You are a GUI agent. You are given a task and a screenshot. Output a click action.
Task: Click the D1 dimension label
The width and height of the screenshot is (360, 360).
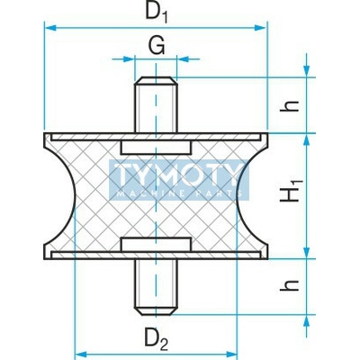(157, 13)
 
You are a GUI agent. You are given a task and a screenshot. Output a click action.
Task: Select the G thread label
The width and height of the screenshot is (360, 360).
(157, 46)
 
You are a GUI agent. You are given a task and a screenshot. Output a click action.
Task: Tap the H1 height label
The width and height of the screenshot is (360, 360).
(291, 191)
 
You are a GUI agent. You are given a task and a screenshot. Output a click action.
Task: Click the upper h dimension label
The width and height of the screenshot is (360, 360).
(290, 106)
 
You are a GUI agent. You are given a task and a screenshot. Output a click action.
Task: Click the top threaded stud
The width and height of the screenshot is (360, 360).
(156, 104)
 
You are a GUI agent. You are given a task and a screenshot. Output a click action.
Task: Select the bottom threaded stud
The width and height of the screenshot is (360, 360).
(156, 287)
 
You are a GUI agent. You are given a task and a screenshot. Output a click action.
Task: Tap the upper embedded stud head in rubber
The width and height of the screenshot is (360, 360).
(156, 148)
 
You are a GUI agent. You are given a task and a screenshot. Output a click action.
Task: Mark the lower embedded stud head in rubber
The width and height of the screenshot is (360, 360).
(156, 244)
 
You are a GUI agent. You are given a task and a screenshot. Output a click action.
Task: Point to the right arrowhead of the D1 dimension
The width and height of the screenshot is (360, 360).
(260, 28)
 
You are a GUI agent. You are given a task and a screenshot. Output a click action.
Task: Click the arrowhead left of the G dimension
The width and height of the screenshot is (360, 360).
(128, 59)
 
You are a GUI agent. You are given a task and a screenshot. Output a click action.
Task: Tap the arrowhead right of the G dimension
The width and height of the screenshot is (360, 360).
(183, 59)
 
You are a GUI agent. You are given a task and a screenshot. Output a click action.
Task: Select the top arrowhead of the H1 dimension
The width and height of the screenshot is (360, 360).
(306, 140)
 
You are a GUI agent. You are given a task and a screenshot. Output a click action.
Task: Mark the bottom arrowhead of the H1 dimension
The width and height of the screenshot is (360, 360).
(306, 251)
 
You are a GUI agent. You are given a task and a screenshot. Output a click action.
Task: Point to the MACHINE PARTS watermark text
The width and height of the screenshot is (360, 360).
(179, 193)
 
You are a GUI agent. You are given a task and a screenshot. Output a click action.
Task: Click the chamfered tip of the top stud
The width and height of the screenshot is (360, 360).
(156, 80)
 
